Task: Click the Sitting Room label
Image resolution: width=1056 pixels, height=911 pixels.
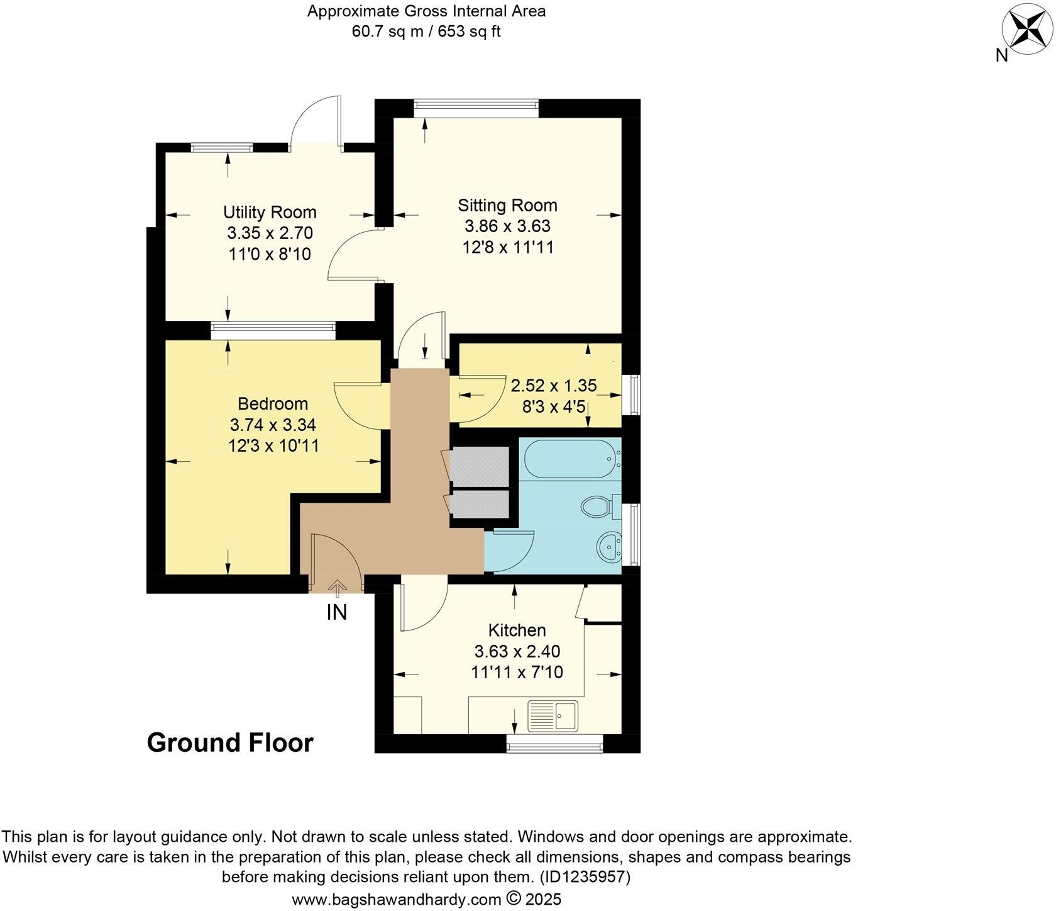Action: (507, 205)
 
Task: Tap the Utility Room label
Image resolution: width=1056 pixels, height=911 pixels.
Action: (270, 212)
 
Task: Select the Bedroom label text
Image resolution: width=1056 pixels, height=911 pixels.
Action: (273, 403)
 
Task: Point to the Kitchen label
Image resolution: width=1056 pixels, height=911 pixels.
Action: (517, 630)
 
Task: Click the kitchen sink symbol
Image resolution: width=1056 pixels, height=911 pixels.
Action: (553, 715)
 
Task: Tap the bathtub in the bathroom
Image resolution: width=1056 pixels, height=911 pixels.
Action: (571, 459)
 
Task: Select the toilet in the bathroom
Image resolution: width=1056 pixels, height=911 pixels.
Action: (598, 506)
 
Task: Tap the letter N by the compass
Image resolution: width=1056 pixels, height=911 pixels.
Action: (1001, 56)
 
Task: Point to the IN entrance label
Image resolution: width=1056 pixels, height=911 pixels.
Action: (336, 612)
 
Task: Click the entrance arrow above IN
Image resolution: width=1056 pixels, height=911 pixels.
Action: (337, 588)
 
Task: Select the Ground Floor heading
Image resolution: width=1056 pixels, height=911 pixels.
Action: (230, 743)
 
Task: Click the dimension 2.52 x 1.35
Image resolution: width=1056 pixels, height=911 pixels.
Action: (553, 385)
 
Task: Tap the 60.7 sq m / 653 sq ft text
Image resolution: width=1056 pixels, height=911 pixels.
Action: (426, 31)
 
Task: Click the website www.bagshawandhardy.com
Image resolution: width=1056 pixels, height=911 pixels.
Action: (397, 899)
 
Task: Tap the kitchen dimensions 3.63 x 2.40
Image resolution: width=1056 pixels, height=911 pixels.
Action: (517, 651)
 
